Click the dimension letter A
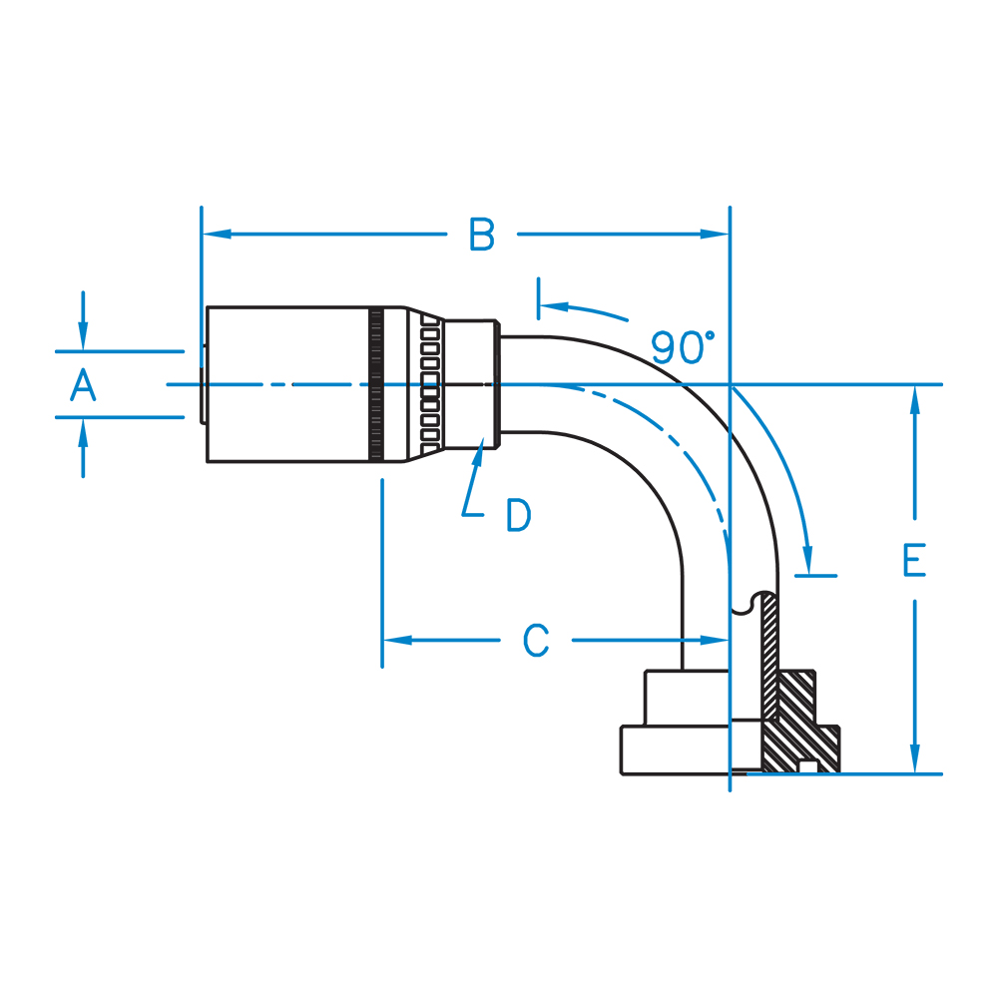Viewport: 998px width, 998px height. point(84,384)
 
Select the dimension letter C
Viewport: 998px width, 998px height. point(537,640)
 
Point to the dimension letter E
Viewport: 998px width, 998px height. point(914,561)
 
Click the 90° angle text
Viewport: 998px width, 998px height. point(683,346)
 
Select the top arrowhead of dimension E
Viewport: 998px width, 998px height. point(914,399)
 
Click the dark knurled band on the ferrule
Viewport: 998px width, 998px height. point(376,384)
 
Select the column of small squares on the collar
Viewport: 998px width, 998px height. point(431,384)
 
